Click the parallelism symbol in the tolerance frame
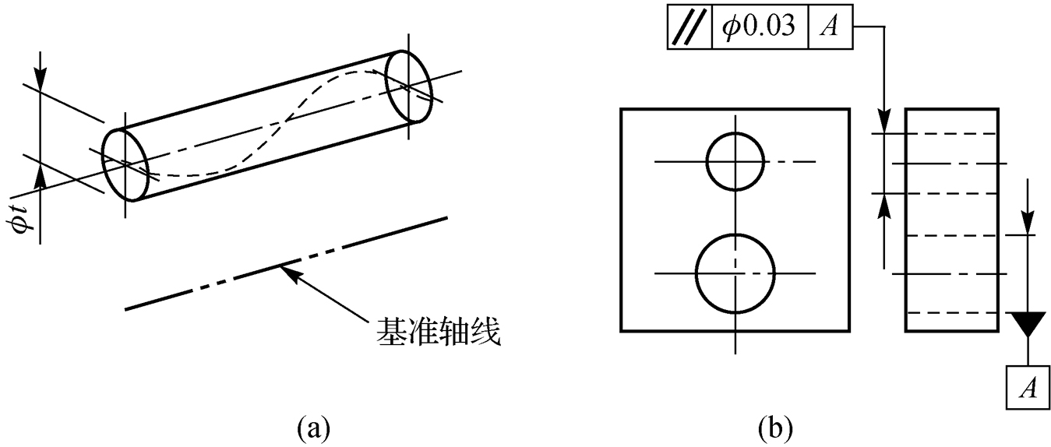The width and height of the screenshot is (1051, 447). [x=689, y=28]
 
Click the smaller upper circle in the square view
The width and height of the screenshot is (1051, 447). [x=734, y=161]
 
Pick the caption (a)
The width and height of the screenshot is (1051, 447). [x=314, y=428]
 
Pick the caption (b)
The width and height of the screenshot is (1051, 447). [x=775, y=428]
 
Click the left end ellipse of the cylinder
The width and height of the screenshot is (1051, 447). [x=125, y=165]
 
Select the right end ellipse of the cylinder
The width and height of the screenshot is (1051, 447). [x=408, y=86]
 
